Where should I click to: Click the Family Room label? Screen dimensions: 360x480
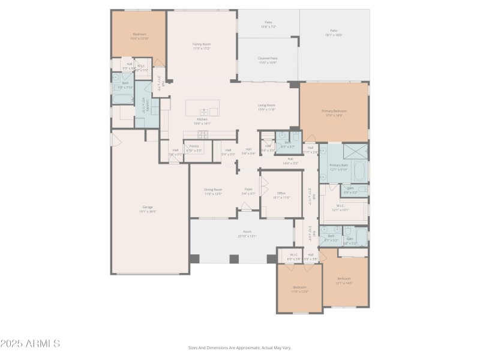pyautogui.click(x=202, y=44)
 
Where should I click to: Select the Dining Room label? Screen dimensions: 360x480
pyautogui.click(x=214, y=190)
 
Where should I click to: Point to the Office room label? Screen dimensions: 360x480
pyautogui.click(x=281, y=193)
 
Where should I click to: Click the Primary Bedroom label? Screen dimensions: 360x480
pyautogui.click(x=334, y=111)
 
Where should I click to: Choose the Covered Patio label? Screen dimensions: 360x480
pyautogui.click(x=268, y=58)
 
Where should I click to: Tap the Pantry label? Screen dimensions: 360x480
pyautogui.click(x=194, y=146)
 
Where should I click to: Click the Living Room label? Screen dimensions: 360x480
pyautogui.click(x=266, y=105)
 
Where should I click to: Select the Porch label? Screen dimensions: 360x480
pyautogui.click(x=247, y=232)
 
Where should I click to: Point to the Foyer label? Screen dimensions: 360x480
pyautogui.click(x=248, y=189)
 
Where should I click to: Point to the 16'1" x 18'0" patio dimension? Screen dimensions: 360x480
pyautogui.click(x=334, y=35)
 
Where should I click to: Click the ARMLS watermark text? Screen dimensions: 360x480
pyautogui.click(x=30, y=344)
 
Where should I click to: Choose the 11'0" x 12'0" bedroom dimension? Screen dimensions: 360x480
pyautogui.click(x=300, y=292)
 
